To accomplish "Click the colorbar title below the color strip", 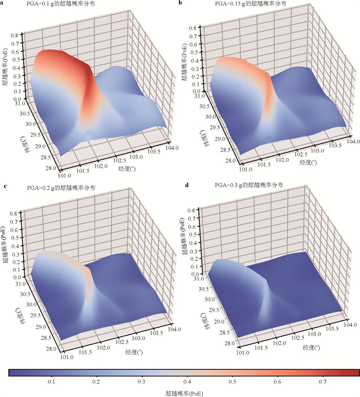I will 184,393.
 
